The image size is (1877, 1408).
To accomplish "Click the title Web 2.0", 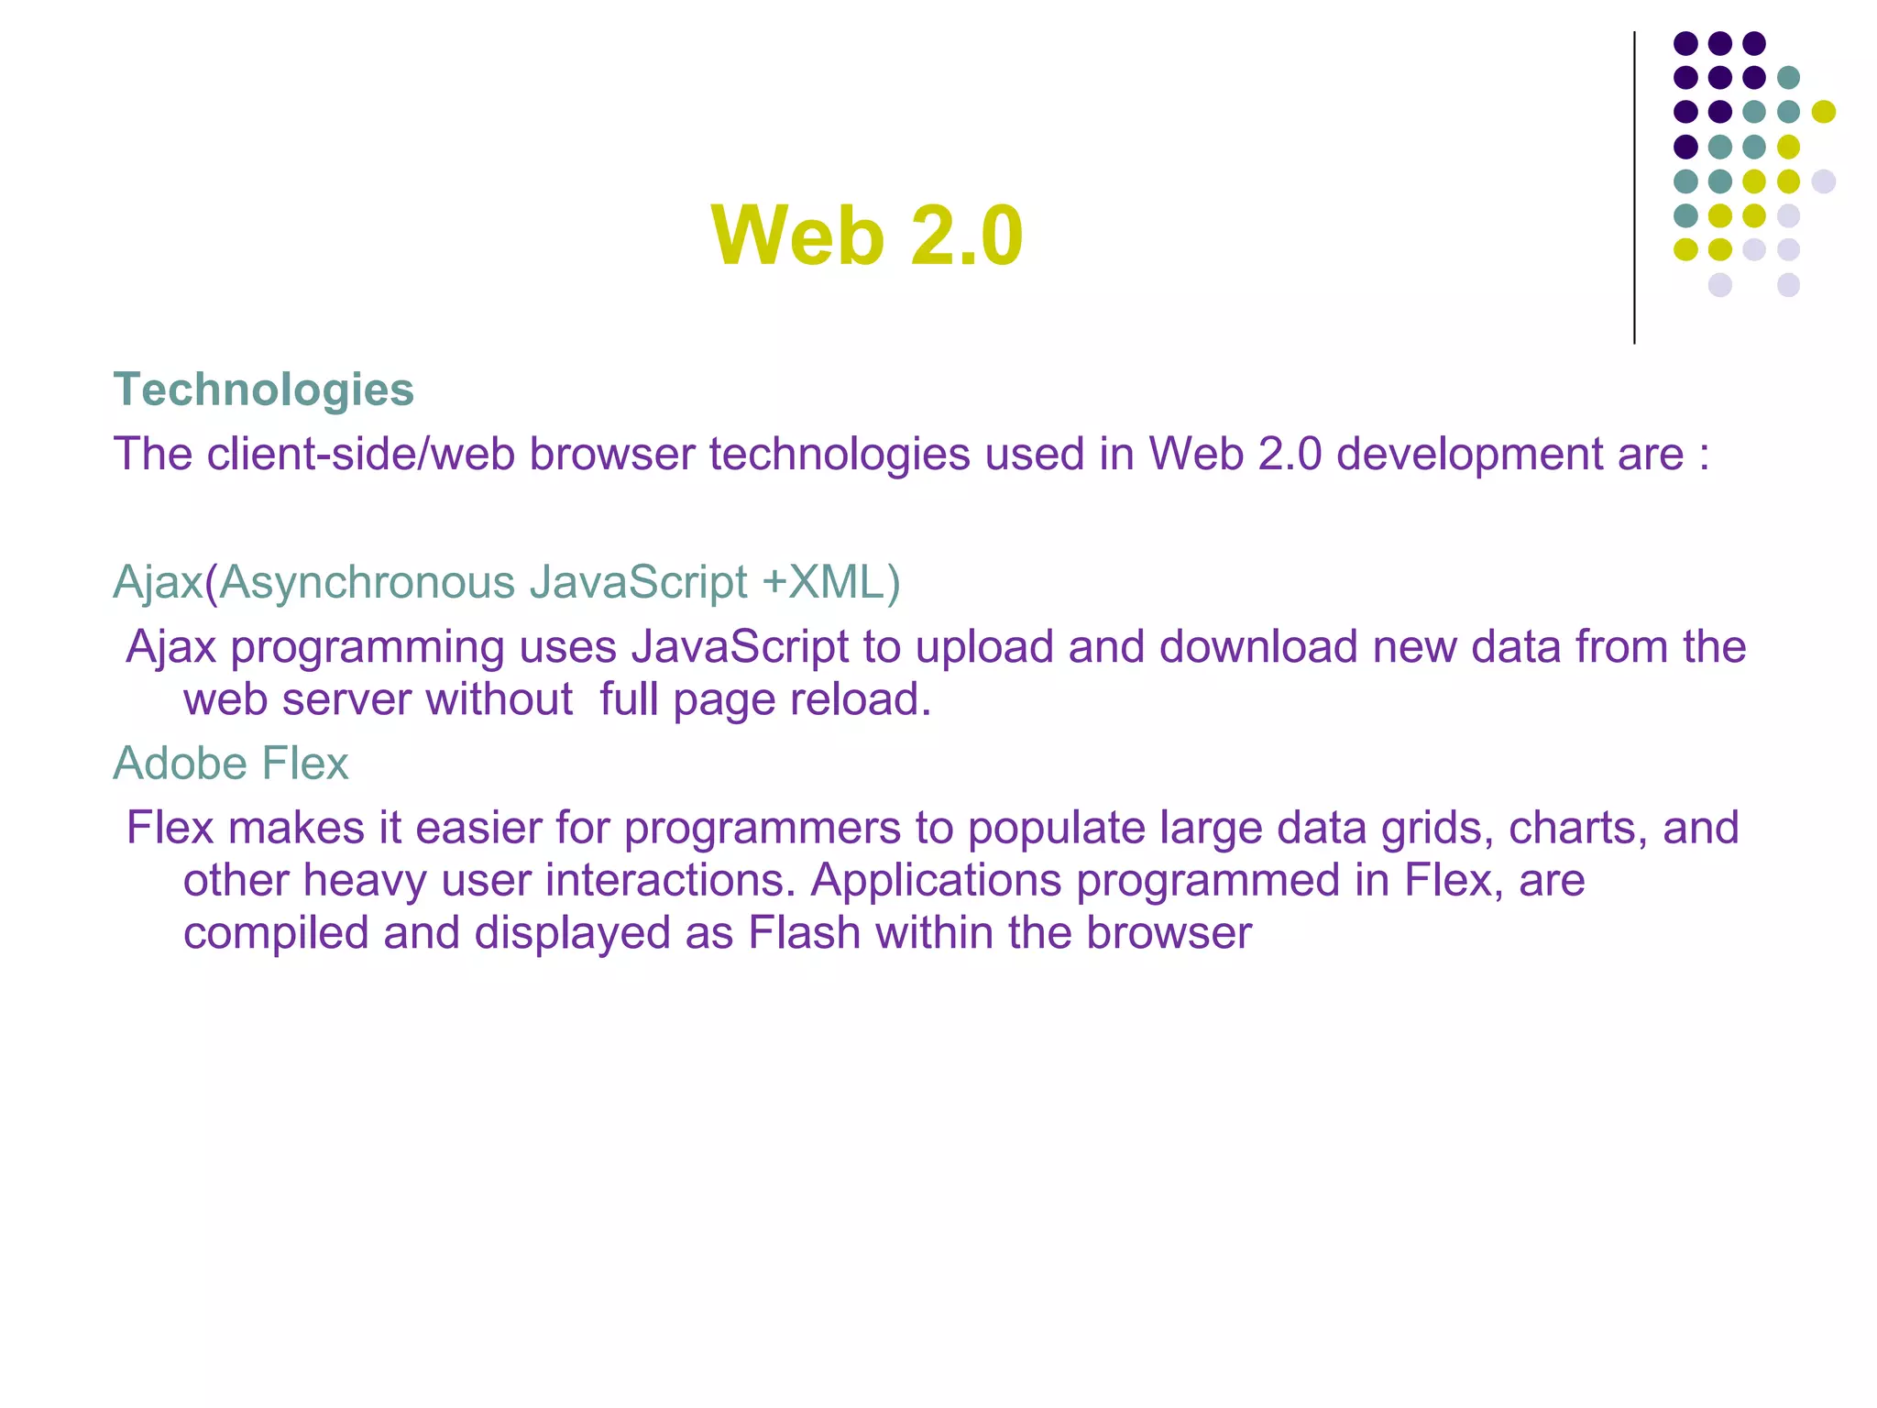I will tap(866, 236).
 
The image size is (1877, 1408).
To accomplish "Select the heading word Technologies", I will tap(264, 390).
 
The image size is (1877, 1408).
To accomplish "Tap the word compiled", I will tap(275, 934).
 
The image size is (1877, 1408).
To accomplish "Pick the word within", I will tap(934, 934).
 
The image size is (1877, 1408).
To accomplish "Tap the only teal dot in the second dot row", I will tap(1788, 77).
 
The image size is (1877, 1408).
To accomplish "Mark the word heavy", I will tap(365, 881).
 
